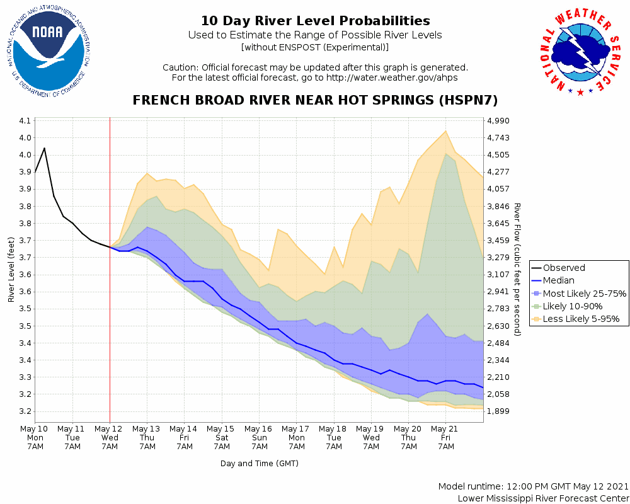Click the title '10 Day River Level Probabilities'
pyautogui.click(x=315, y=21)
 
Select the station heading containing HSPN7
pyautogui.click(x=315, y=100)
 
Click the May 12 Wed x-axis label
pyautogui.click(x=110, y=437)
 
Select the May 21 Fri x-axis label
pyautogui.click(x=446, y=437)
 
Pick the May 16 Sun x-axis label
pyautogui.click(x=259, y=437)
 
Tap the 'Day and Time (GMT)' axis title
pyautogui.click(x=259, y=464)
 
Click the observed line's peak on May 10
pyautogui.click(x=44, y=148)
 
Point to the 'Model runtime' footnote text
pyautogui.click(x=533, y=486)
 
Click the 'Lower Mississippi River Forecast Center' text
pyautogui.click(x=543, y=498)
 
